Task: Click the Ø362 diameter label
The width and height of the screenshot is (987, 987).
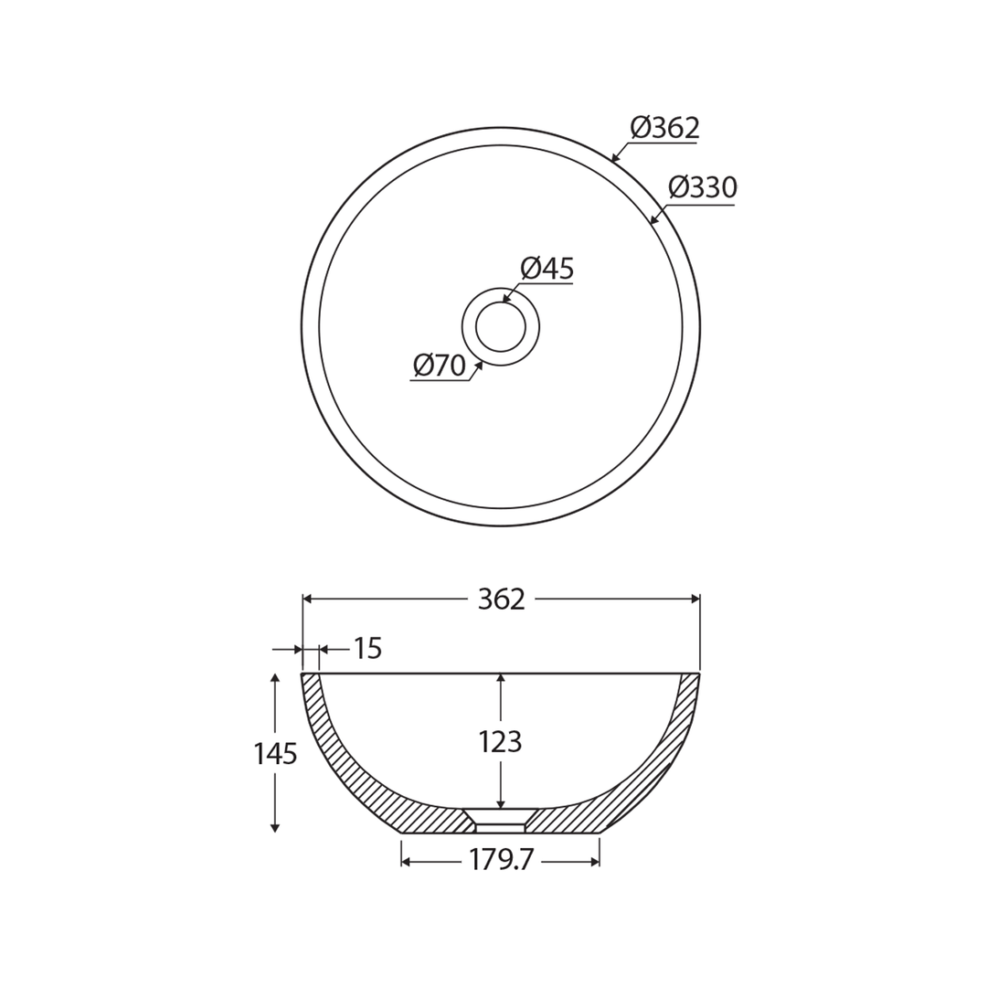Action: pyautogui.click(x=664, y=128)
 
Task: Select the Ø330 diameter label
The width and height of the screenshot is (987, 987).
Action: pyautogui.click(x=702, y=187)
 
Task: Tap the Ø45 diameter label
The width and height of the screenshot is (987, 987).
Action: pyautogui.click(x=547, y=269)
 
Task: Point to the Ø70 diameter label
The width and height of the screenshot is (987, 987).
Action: pyautogui.click(x=440, y=366)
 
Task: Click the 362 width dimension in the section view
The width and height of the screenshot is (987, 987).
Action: pyautogui.click(x=501, y=600)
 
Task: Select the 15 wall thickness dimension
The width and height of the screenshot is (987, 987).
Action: pyautogui.click(x=367, y=649)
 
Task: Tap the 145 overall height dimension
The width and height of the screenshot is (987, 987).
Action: pyautogui.click(x=275, y=754)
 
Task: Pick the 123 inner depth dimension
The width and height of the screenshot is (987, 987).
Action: pyautogui.click(x=500, y=742)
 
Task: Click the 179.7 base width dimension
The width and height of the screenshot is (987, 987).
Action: pyautogui.click(x=501, y=861)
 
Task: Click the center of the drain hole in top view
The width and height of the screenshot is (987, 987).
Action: pyautogui.click(x=501, y=326)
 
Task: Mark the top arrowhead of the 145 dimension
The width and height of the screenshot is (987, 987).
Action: pyautogui.click(x=275, y=678)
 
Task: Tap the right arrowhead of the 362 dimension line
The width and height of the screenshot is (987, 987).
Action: pyautogui.click(x=695, y=599)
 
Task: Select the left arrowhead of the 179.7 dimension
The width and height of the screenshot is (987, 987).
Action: pyautogui.click(x=406, y=862)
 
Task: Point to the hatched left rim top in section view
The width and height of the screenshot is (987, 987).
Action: pyautogui.click(x=312, y=681)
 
